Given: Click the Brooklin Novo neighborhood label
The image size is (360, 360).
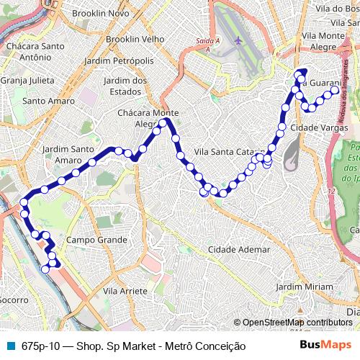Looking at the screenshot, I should pos(104,14).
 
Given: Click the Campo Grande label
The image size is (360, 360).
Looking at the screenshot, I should pos(91,239).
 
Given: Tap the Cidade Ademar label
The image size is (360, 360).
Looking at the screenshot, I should pos(240,249).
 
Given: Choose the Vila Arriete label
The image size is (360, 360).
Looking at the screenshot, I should pos(125,291).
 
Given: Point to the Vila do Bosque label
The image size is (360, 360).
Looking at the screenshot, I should pos(331,9).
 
